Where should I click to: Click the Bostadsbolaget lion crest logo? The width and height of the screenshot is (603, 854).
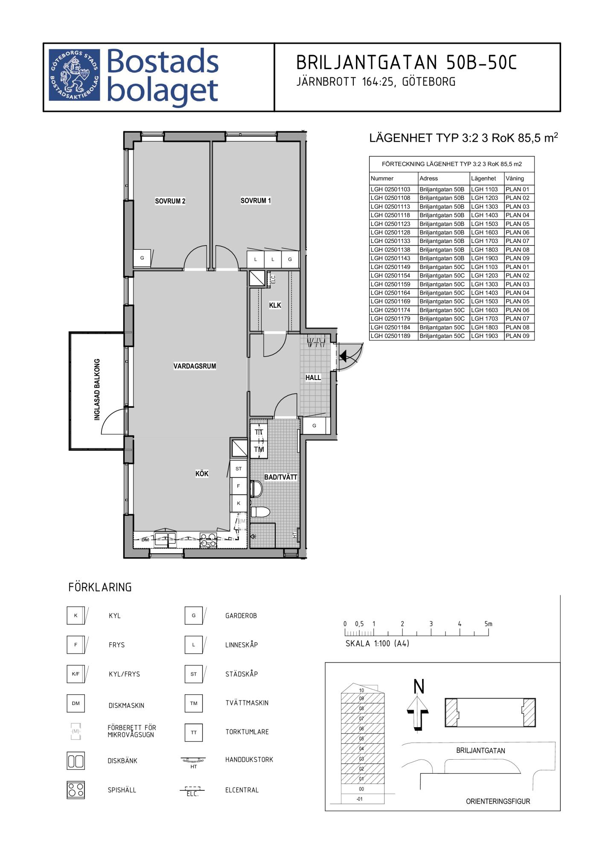point(74,75)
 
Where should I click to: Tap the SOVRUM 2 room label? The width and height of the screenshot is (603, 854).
point(170,201)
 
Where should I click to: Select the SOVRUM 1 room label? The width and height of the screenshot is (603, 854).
point(256,201)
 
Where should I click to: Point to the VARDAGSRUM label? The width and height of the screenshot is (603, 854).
point(195,366)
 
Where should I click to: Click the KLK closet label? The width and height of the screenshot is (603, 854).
point(275,305)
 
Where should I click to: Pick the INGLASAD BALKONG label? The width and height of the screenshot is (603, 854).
point(97,389)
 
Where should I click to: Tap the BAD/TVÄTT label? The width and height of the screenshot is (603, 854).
point(281,477)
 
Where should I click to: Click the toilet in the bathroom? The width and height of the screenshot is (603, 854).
point(261,512)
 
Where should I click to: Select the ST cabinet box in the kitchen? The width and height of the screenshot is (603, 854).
point(239,469)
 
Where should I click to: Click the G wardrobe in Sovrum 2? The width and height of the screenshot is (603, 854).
point(142,258)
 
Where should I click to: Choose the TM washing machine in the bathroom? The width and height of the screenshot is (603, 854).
point(259,450)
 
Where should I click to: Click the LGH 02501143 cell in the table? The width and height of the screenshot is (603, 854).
point(390,258)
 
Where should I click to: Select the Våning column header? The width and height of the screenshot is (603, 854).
point(515,178)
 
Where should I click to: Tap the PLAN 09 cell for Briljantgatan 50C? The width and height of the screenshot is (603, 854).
point(517,336)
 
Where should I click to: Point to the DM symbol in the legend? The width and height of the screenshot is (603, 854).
point(76,703)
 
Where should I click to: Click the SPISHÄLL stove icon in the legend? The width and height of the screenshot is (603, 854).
point(76,790)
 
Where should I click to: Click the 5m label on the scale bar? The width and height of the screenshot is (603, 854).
point(488,624)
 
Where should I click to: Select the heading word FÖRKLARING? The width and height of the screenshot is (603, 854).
point(100,587)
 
